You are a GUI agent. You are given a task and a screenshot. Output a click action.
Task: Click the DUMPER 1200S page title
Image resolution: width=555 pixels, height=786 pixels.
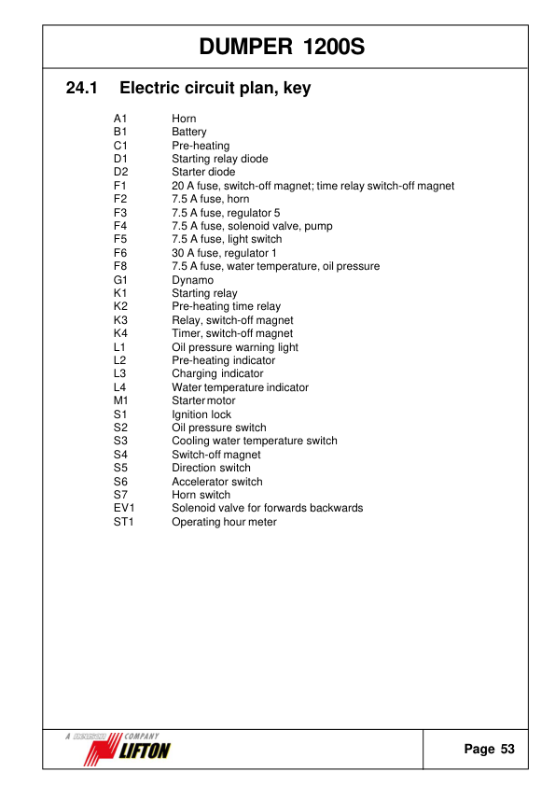coord(282,46)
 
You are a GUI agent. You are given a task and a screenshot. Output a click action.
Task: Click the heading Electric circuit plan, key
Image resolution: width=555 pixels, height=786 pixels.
coord(215,90)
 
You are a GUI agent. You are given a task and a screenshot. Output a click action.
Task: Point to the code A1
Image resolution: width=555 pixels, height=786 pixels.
coord(119,119)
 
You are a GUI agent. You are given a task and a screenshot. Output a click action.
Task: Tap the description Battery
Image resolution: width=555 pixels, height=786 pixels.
coord(189,133)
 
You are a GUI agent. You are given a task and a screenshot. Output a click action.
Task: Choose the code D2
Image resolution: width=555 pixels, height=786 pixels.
coord(119,173)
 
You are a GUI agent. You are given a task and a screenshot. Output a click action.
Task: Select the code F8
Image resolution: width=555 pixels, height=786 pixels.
coord(119,267)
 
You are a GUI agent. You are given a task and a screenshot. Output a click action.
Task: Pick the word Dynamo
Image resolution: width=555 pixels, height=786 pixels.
coord(192,280)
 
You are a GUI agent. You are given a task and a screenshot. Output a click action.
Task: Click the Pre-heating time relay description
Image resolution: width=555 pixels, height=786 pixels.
coord(226,307)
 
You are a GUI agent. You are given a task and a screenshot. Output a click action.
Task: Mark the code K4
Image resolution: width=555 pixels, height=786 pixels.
coord(119,333)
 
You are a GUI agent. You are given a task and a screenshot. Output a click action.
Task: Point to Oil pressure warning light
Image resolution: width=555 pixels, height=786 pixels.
coord(235,347)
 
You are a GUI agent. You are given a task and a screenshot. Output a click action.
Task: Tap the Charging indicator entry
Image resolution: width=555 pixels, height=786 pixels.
coord(217,374)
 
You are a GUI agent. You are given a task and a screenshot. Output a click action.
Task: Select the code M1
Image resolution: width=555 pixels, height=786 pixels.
coord(120,401)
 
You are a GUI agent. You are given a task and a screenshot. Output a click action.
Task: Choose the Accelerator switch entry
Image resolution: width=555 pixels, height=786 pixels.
coord(217,482)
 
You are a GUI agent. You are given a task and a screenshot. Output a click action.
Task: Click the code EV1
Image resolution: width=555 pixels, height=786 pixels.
coord(124,509)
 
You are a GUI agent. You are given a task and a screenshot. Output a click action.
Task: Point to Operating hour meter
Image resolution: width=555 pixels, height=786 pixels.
coord(224,522)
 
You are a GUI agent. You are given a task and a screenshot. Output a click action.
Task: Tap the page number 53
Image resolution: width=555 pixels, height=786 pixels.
coord(506,750)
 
